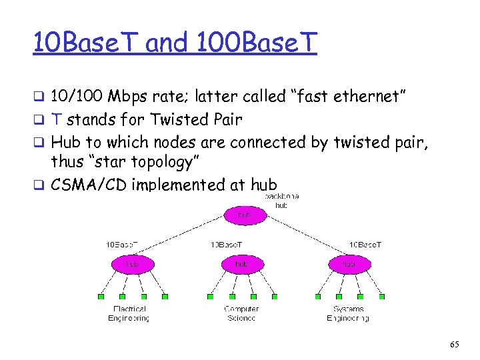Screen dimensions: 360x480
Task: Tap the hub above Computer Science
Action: tap(242, 264)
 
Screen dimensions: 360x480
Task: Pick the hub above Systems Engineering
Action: tap(347, 264)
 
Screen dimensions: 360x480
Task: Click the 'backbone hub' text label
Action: tap(282, 201)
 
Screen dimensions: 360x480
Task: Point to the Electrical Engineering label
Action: tap(129, 313)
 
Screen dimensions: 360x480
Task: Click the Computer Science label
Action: tap(241, 313)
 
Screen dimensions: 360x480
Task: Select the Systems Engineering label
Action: tap(347, 313)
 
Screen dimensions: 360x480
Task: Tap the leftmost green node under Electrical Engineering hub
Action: tap(101, 297)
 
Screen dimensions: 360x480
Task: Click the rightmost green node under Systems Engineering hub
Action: tap(382, 297)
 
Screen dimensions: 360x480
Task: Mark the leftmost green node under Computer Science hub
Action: tap(210, 297)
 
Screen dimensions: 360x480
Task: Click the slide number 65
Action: tap(455, 344)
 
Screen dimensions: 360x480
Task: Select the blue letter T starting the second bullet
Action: tap(57, 120)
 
